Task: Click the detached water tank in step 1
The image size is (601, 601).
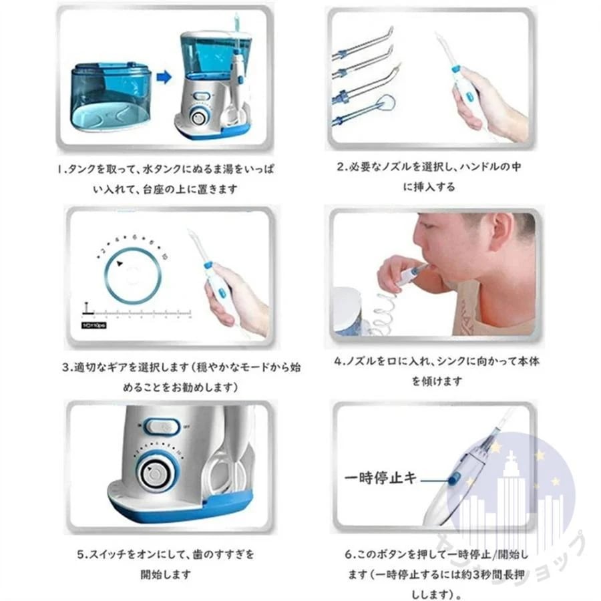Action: [x=110, y=97]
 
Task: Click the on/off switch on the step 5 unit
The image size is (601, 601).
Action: [x=162, y=425]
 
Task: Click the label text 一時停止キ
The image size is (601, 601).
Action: [x=379, y=478]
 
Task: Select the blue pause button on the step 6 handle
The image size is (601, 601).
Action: [x=453, y=478]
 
